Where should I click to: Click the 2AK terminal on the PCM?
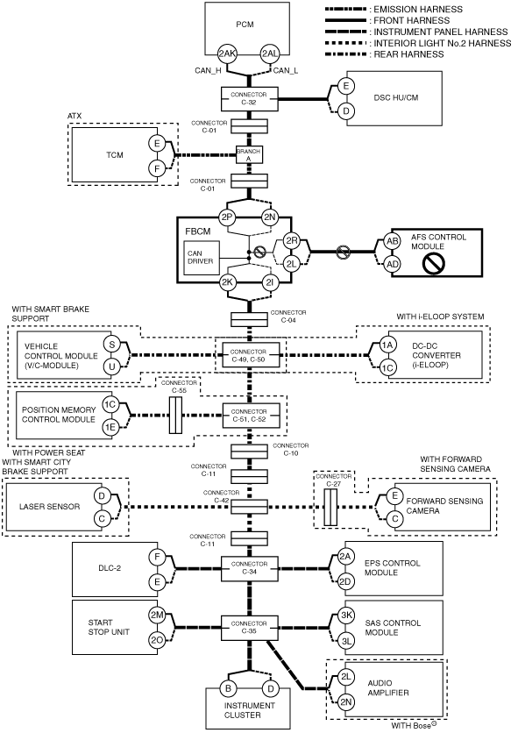coord(227,53)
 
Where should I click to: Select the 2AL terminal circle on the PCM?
coord(270,53)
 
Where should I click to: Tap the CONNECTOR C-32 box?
coord(249,98)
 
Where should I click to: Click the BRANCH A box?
coord(248,155)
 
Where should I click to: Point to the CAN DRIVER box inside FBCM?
coord(201,258)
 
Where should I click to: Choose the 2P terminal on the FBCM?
coord(227,217)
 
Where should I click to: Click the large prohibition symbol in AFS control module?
coord(433,263)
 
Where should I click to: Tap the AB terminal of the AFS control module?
coord(393,241)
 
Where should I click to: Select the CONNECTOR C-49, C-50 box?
coord(249,355)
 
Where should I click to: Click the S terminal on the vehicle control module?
coord(111,345)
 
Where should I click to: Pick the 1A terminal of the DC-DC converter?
coord(387,345)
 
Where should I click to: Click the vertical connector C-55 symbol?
coord(175,415)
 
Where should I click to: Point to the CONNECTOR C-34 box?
coord(249,568)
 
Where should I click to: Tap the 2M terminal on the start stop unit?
coord(157,616)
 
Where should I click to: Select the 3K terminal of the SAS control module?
coord(346,616)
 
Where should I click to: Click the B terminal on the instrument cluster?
coord(228,688)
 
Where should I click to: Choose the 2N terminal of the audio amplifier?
coord(346,701)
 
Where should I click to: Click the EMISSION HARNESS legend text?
coord(418,10)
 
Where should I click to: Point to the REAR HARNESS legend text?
coord(408,54)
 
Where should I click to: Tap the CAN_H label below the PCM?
coord(208,71)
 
